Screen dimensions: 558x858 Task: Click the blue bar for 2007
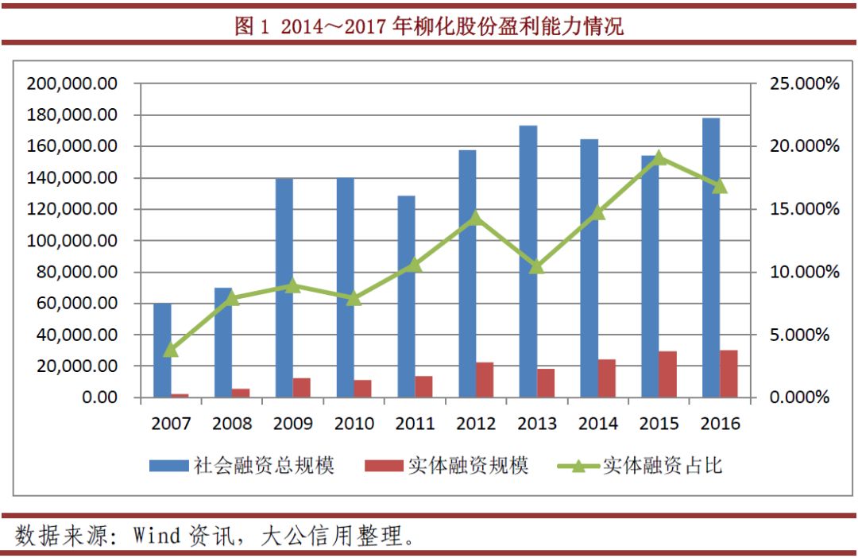(162, 350)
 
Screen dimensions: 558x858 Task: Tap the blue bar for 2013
(528, 262)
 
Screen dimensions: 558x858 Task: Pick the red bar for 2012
(485, 380)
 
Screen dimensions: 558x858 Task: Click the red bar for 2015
(667, 374)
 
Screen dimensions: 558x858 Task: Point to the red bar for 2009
(302, 387)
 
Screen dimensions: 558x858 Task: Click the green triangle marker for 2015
(659, 157)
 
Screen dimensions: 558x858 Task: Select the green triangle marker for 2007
(171, 349)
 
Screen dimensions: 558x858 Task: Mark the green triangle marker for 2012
(476, 218)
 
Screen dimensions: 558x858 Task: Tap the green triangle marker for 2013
(537, 266)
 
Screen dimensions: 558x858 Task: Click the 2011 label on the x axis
(415, 423)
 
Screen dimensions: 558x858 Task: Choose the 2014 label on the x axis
(598, 423)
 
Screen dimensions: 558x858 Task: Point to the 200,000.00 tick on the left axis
(72, 83)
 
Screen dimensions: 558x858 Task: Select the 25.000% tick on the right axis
(805, 83)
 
